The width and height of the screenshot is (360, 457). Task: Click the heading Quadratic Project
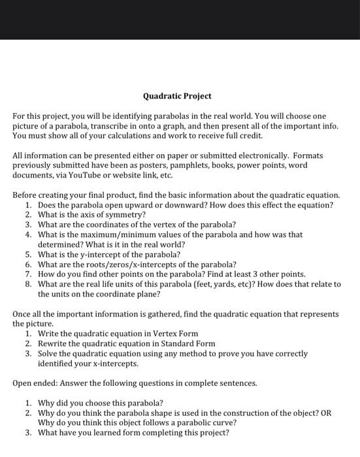tap(177, 96)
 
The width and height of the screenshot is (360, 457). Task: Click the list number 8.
tap(29, 285)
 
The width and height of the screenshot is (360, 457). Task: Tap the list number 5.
tap(29, 255)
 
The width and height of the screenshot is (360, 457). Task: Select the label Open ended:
tap(36, 383)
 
